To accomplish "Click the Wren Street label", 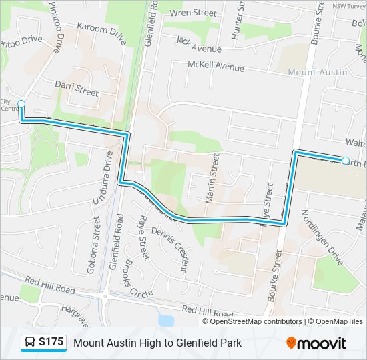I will pyautogui.click(x=194, y=13).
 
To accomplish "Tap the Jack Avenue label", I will pyautogui.click(x=198, y=44).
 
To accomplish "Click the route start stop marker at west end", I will pyautogui.click(x=21, y=103).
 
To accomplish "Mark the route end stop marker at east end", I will pyautogui.click(x=346, y=160).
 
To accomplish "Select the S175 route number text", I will pyautogui.click(x=51, y=343).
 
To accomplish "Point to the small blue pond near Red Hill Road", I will pyautogui.click(x=165, y=321).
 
